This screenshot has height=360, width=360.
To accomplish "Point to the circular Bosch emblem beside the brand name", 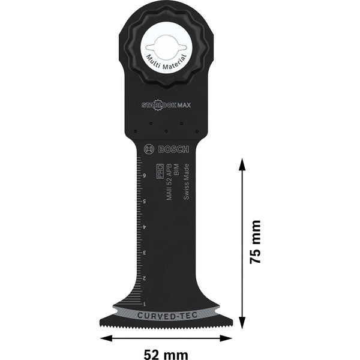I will coord(148,149).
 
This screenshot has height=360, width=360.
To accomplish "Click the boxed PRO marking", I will coord(160,173).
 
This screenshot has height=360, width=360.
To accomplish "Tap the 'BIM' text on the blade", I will coord(176,172).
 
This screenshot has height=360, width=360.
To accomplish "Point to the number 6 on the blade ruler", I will coord(145,176).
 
